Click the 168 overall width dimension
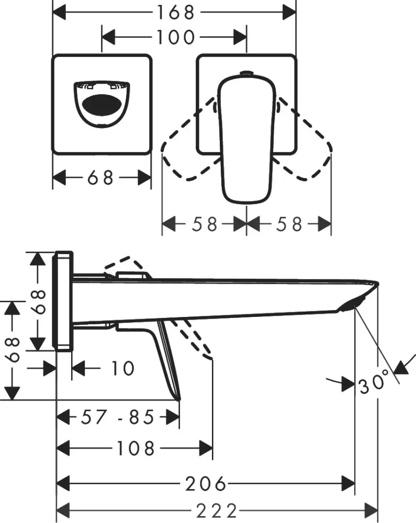(x=174, y=12)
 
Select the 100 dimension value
(x=174, y=37)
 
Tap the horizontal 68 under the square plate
(x=100, y=178)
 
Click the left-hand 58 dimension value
(x=204, y=224)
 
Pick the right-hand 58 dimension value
(x=289, y=224)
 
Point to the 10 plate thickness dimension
(x=122, y=368)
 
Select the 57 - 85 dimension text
(x=118, y=417)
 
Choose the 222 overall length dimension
(x=216, y=509)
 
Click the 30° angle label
(x=374, y=385)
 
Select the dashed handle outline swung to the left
(x=188, y=152)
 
